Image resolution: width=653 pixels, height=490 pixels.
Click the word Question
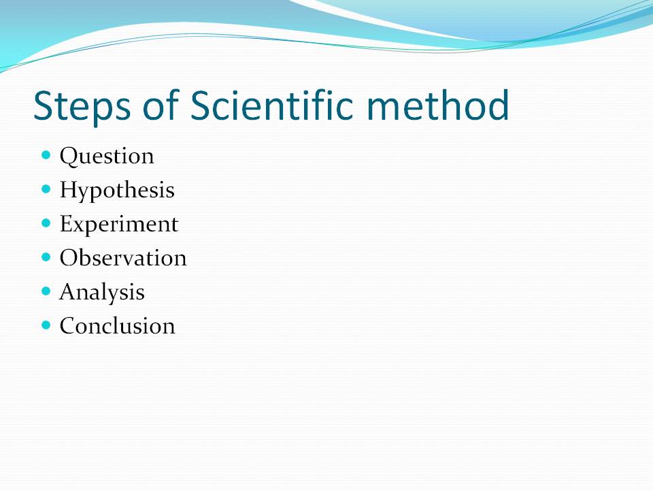coord(107,157)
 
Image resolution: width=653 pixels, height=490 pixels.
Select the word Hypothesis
coord(117,191)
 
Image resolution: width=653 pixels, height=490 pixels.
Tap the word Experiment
coord(119,225)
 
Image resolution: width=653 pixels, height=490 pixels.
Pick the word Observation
coord(123,258)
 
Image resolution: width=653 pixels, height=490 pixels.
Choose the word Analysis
coord(102,293)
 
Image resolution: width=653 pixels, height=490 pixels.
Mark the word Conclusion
coord(117,326)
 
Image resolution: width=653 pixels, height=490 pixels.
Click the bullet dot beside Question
coord(46,155)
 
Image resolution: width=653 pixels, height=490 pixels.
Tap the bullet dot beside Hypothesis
coord(46,189)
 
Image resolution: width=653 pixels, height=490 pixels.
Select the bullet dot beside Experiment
coord(46,223)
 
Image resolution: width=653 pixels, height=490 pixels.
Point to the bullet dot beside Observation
coord(46,257)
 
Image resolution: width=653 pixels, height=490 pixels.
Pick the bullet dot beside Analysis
coord(46,291)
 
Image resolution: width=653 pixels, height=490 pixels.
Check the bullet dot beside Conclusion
coord(46,325)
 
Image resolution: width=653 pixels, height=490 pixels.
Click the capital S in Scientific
coord(202,105)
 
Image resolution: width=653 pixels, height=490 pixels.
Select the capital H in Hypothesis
coord(68,189)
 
